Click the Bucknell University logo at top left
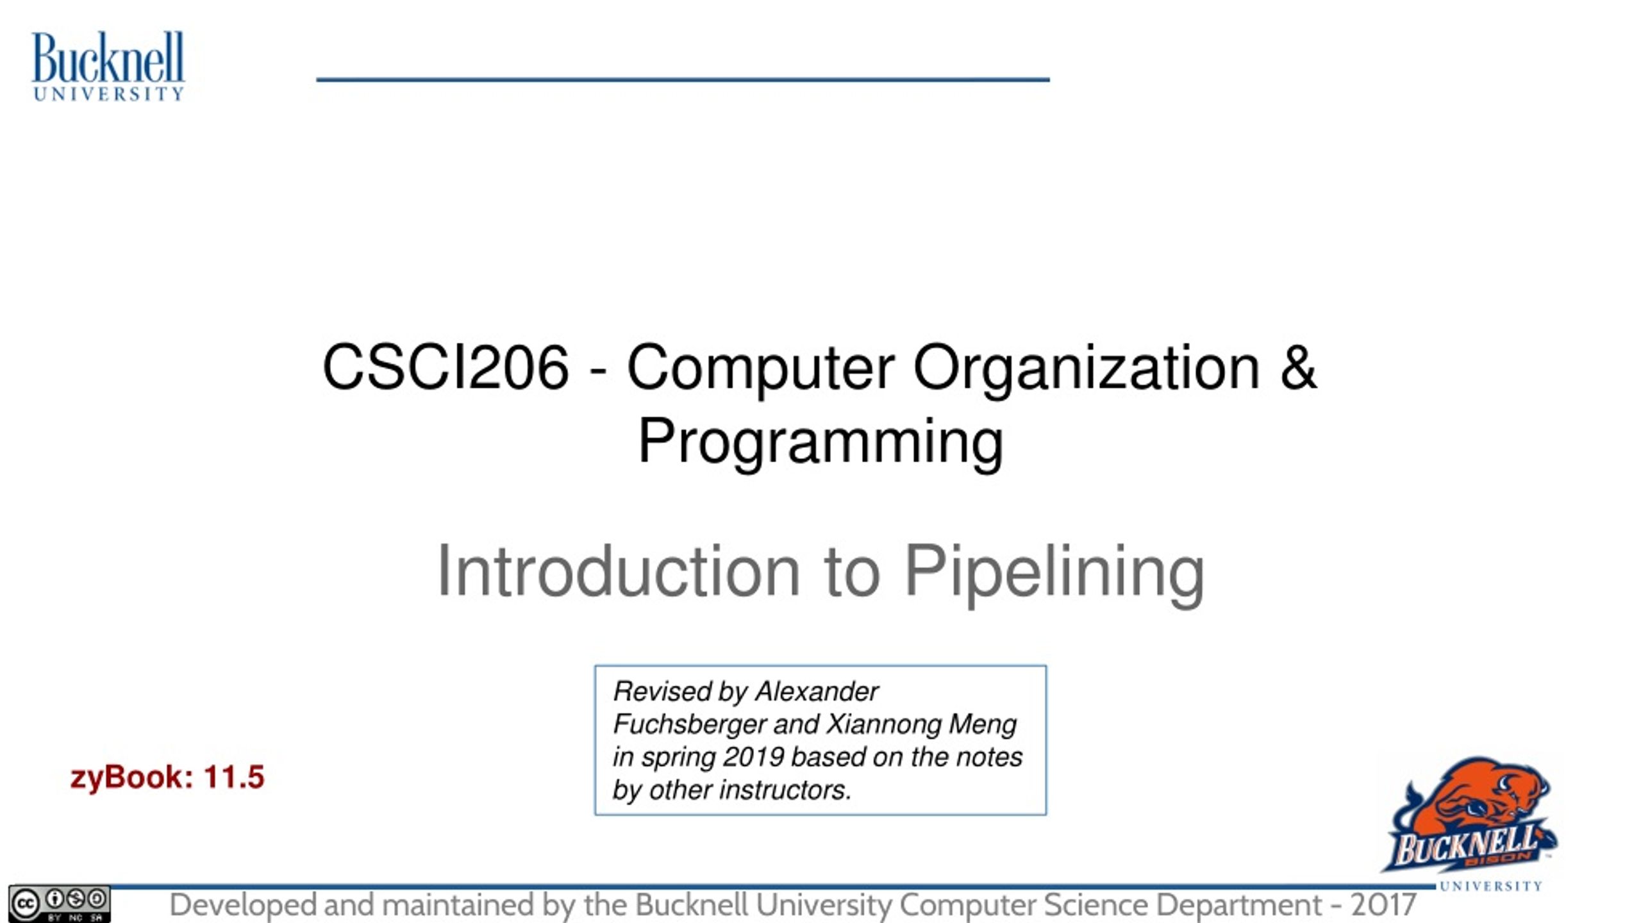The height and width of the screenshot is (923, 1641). pos(108,66)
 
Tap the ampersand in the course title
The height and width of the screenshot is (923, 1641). pos(1298,367)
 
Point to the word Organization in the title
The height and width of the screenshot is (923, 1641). pos(1087,370)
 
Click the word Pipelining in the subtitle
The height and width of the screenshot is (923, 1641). pos(1054,572)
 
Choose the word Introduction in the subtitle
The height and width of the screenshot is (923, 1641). pos(618,570)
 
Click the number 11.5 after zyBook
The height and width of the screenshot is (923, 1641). pos(234,777)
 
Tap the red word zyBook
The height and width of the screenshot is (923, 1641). pos(131,778)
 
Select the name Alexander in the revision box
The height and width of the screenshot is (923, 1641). pos(817,692)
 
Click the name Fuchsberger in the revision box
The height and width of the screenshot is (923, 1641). pos(690,724)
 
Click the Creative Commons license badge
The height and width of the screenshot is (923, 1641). pos(59,904)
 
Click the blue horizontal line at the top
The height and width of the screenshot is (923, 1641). pos(683,79)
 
